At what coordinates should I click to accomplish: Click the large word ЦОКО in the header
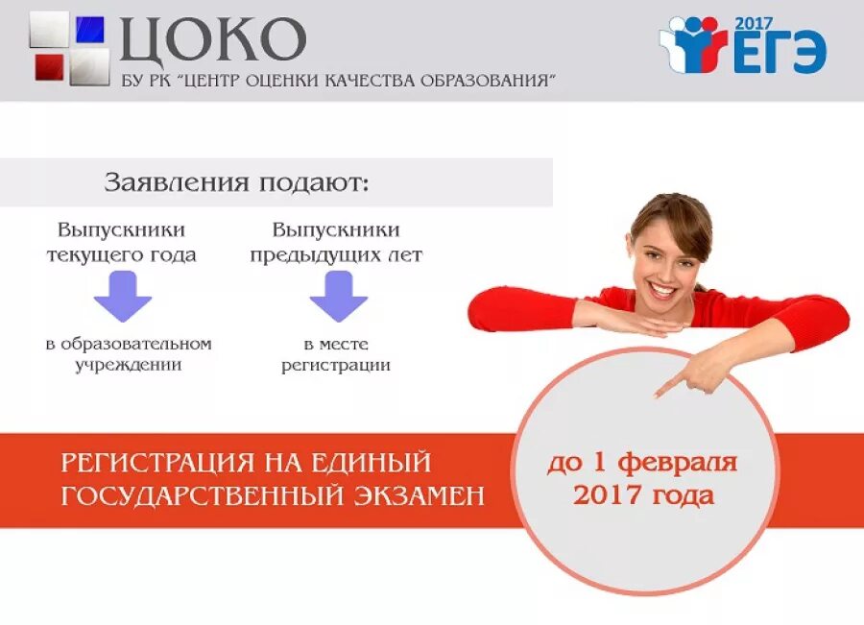click(x=212, y=39)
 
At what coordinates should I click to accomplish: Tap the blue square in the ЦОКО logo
click(x=90, y=30)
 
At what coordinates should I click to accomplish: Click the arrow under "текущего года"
click(x=122, y=296)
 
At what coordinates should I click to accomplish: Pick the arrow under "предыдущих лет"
click(x=338, y=296)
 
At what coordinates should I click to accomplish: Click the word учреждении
click(x=129, y=366)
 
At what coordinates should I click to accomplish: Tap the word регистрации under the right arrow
click(x=336, y=366)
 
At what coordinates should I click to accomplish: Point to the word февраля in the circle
click(x=678, y=464)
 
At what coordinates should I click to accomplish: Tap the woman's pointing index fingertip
click(x=659, y=393)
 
